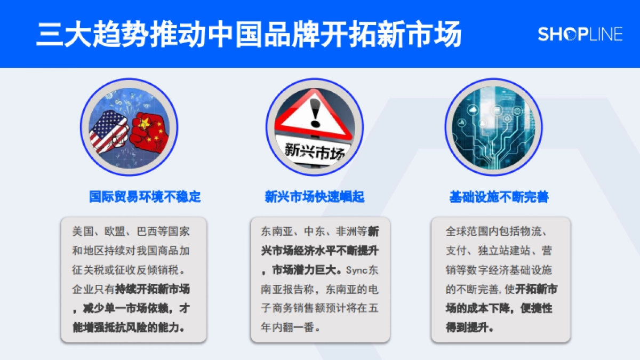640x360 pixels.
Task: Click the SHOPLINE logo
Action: (x=580, y=35)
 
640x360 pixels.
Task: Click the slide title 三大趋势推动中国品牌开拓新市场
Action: (x=249, y=35)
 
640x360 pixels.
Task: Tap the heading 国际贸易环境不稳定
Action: (x=145, y=196)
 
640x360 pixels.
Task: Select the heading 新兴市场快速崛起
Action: (x=315, y=197)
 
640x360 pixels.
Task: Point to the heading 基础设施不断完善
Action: (x=499, y=197)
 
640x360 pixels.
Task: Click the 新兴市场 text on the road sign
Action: (x=315, y=149)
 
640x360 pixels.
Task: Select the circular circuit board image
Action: (x=493, y=127)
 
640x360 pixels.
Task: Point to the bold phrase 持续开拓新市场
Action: (x=153, y=289)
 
